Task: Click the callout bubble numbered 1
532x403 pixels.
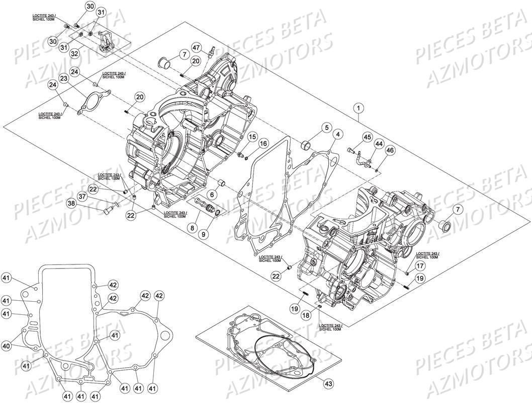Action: [x=358, y=107]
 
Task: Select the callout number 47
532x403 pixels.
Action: [x=196, y=48]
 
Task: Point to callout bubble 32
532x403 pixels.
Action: [x=75, y=52]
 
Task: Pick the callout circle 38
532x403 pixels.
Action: [x=71, y=204]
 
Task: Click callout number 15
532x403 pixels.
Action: [x=252, y=137]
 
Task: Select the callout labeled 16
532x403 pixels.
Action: [x=263, y=144]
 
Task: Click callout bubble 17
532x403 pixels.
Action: [x=420, y=265]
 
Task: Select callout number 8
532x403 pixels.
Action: [x=192, y=227]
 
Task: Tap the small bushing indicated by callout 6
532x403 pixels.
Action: [x=222, y=182]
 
